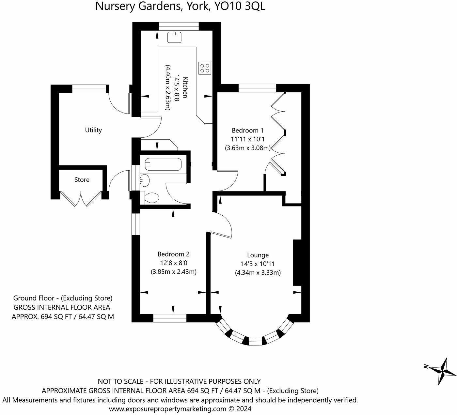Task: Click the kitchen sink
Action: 174,37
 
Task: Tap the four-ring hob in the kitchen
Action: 205,68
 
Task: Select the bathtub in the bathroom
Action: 163,164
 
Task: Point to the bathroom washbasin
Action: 145,180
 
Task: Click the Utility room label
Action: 93,130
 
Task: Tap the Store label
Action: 82,180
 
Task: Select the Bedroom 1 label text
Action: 248,131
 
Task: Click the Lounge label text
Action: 258,255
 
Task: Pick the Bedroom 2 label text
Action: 174,254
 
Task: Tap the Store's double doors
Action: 81,199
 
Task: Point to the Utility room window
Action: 89,89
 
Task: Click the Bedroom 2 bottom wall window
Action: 170,318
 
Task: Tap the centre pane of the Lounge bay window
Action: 255,341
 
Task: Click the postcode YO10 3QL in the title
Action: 240,6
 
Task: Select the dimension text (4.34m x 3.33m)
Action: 258,273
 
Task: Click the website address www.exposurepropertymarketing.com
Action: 168,409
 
